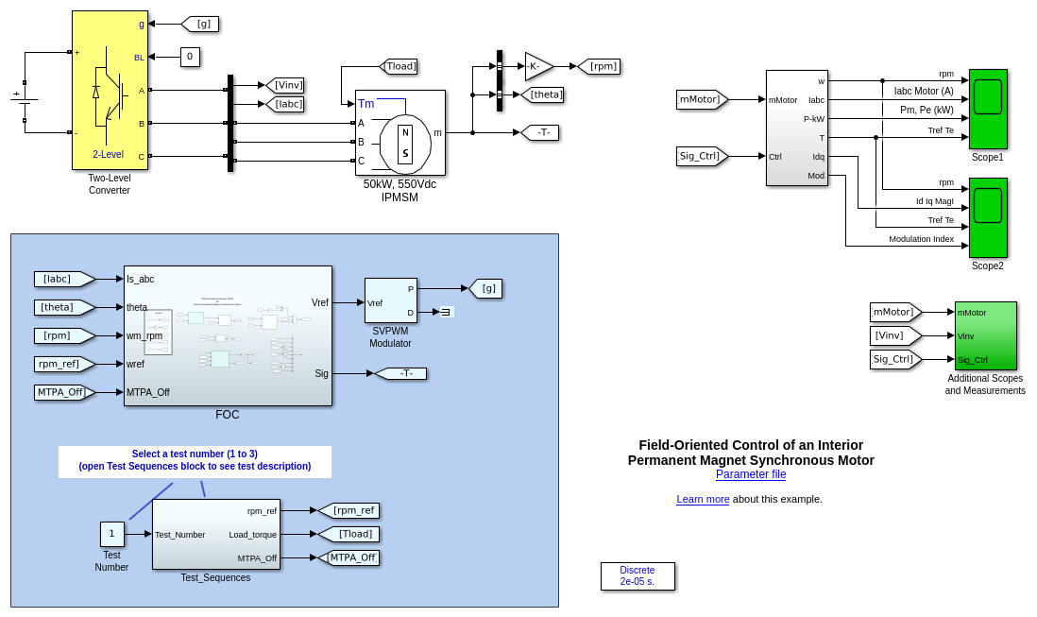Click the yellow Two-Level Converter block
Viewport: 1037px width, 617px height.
coord(110,91)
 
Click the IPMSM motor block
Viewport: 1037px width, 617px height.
coord(399,132)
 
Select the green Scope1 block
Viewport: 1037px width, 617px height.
coord(988,109)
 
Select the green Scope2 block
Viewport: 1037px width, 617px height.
coord(988,217)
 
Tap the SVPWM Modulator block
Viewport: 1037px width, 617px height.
coord(390,300)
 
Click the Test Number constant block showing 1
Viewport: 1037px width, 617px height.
coord(111,534)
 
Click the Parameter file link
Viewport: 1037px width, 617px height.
coord(750,474)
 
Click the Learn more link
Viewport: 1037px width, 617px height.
coord(702,499)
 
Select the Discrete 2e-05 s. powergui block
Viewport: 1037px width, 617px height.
coord(637,576)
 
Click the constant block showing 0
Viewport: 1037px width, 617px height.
coord(190,57)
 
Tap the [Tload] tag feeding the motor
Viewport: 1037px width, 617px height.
coord(399,66)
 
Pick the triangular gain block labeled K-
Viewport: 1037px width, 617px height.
coord(537,66)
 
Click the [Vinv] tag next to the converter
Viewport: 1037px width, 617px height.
coord(285,85)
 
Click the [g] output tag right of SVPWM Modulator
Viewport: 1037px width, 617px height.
coord(485,288)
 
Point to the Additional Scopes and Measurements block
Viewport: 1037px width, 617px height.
coord(985,335)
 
